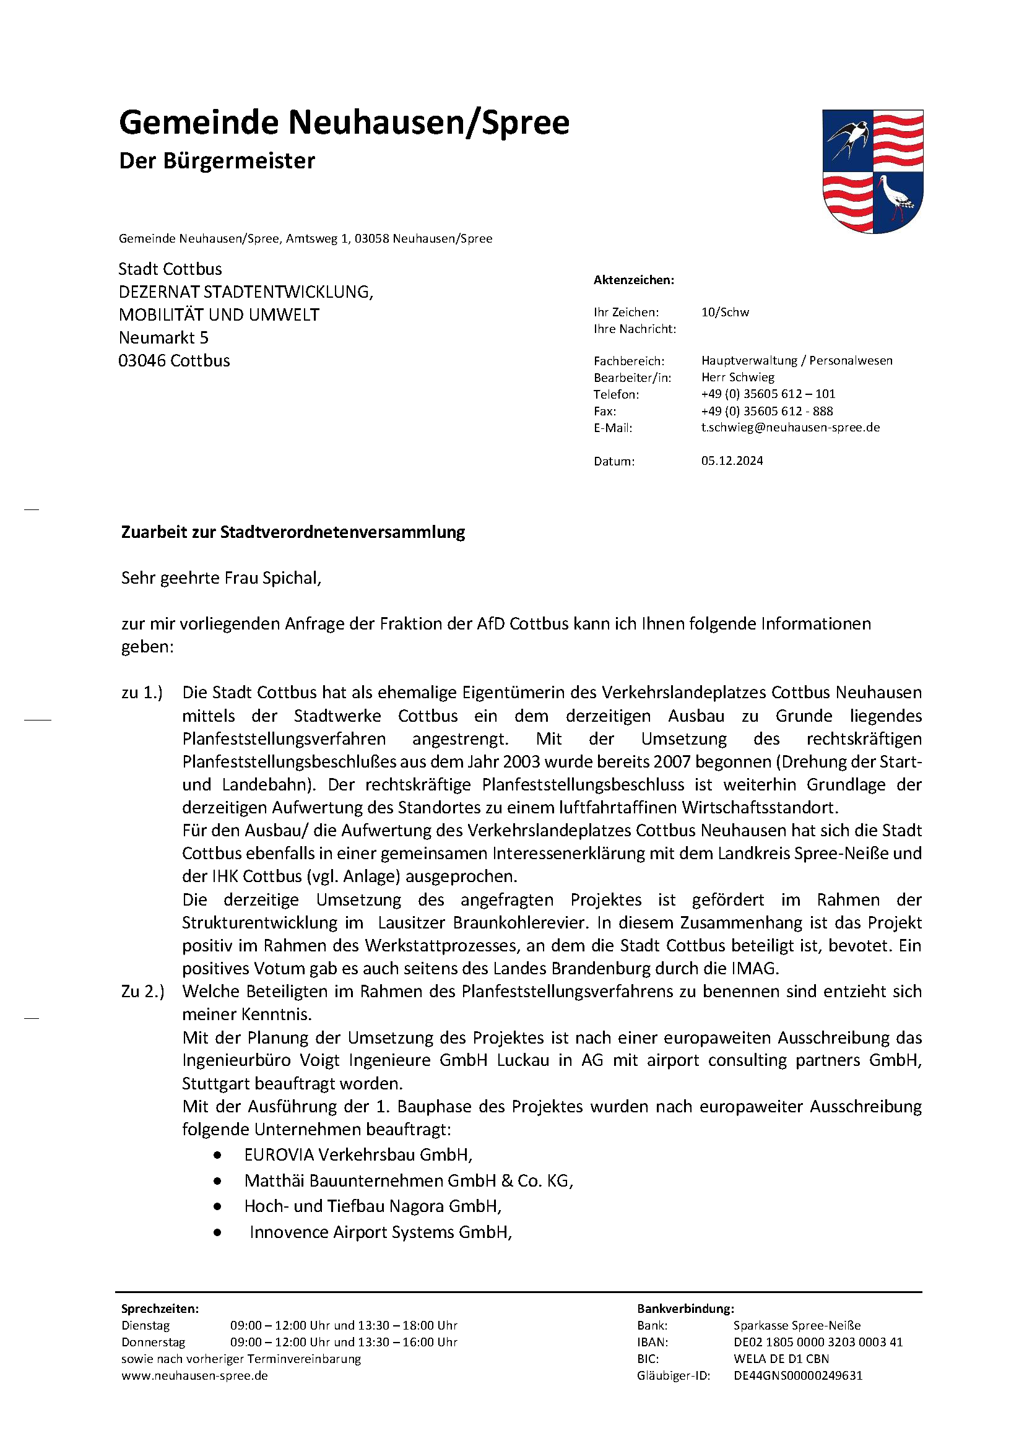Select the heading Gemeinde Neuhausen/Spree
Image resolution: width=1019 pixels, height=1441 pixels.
344,123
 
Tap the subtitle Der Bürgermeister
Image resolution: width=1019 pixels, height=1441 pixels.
217,162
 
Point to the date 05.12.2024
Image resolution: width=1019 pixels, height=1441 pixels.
732,461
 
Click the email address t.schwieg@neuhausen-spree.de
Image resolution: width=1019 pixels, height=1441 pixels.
791,427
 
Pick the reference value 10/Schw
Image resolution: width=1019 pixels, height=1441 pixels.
725,312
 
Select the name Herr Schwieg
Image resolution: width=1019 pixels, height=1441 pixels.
738,377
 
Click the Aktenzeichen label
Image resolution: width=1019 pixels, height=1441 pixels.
633,280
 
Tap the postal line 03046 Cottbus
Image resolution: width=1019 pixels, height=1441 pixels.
174,361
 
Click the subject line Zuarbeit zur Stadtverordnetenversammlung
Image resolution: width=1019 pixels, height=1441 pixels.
293,532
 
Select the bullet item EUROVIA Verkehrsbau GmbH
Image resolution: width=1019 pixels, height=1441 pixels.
358,1155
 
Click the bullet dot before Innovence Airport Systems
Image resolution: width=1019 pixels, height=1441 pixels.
217,1232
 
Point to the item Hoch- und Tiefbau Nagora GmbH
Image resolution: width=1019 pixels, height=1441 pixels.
373,1206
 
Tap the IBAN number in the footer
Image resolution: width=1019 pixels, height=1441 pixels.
817,1342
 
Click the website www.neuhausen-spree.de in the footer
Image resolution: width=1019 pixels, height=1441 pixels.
194,1375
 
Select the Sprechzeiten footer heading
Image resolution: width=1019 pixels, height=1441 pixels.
160,1309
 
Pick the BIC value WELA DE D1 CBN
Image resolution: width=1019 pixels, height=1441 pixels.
781,1359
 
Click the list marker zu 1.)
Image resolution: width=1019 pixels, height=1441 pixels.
142,693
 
